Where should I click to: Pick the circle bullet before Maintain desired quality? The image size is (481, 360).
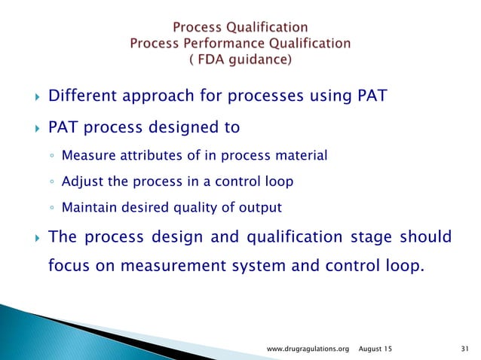pyautogui.click(x=50, y=208)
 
